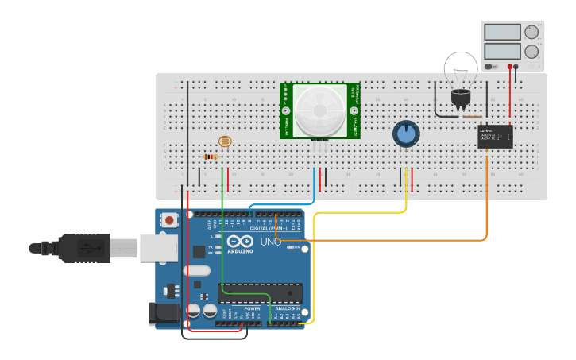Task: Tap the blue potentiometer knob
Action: [x=406, y=134]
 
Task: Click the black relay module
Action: [x=494, y=137]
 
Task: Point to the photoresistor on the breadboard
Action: [x=225, y=142]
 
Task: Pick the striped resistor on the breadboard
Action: [x=211, y=157]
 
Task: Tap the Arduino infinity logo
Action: [x=240, y=242]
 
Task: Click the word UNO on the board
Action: [x=271, y=242]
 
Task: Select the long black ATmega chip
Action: [x=260, y=292]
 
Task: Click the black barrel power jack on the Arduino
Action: [x=163, y=315]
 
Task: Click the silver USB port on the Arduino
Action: [x=158, y=248]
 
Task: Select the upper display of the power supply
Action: [x=502, y=33]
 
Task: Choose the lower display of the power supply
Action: [x=502, y=51]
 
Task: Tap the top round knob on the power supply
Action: [x=532, y=32]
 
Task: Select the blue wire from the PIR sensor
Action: [x=315, y=191]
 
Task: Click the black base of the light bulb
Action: [x=460, y=98]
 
